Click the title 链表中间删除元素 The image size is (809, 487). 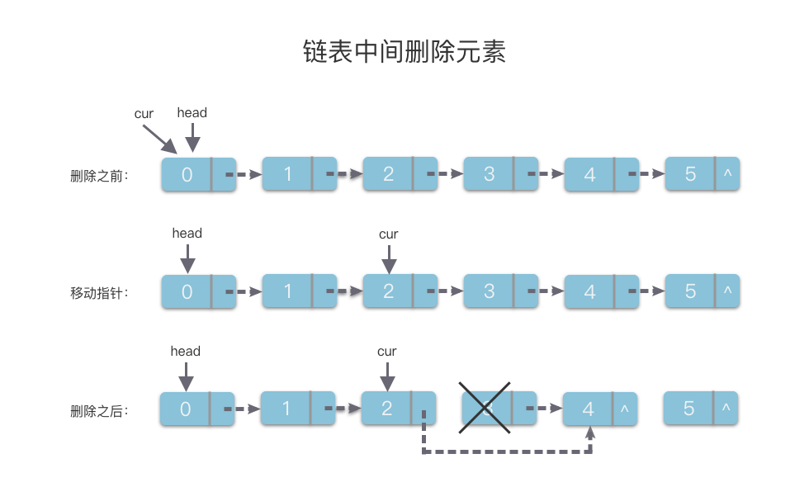404,51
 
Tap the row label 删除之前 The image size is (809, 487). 99,176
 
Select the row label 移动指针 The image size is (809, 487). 99,292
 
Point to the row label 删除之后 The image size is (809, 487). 99,410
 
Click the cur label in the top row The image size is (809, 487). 144,114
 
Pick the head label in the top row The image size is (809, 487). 192,112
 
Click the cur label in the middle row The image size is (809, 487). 389,234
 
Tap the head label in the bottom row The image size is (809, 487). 186,351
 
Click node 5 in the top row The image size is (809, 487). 690,174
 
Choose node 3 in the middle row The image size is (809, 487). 489,291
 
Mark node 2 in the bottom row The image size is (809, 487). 387,409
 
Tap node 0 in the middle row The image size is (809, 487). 187,291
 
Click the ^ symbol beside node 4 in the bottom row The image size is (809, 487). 624,409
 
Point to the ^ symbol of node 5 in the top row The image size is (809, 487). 727,174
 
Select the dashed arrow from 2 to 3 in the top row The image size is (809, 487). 444,174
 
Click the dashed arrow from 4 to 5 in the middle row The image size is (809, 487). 646,291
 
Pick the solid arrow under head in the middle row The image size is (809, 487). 187,258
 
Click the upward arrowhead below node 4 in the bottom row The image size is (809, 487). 590,432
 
